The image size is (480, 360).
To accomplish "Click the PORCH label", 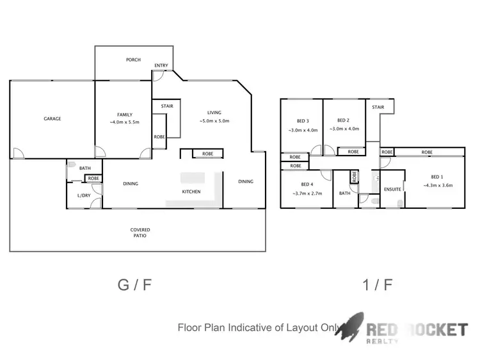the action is click(x=133, y=60).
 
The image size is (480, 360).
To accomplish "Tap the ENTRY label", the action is click(x=161, y=66).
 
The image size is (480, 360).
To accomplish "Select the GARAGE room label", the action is click(x=52, y=119).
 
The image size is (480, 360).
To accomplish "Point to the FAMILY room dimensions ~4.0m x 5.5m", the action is click(x=125, y=122).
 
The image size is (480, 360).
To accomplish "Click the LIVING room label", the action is click(x=214, y=113).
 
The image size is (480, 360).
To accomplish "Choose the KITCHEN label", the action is click(x=191, y=192).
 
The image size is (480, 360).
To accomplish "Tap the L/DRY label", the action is click(x=83, y=195).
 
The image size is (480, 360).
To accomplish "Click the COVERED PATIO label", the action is click(x=140, y=233).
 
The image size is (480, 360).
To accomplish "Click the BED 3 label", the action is click(x=303, y=120).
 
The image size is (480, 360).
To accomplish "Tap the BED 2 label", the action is click(x=343, y=120).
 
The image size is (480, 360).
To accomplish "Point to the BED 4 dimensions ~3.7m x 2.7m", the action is click(x=308, y=193).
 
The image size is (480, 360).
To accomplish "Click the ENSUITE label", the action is click(x=392, y=190).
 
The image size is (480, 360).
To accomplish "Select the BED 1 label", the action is click(x=436, y=177).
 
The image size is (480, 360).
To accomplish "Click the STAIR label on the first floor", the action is click(x=378, y=108).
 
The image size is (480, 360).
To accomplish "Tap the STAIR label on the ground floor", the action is click(x=167, y=106).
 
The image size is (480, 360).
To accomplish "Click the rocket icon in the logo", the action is click(x=351, y=327).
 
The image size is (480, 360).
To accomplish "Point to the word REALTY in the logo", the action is click(x=383, y=341).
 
